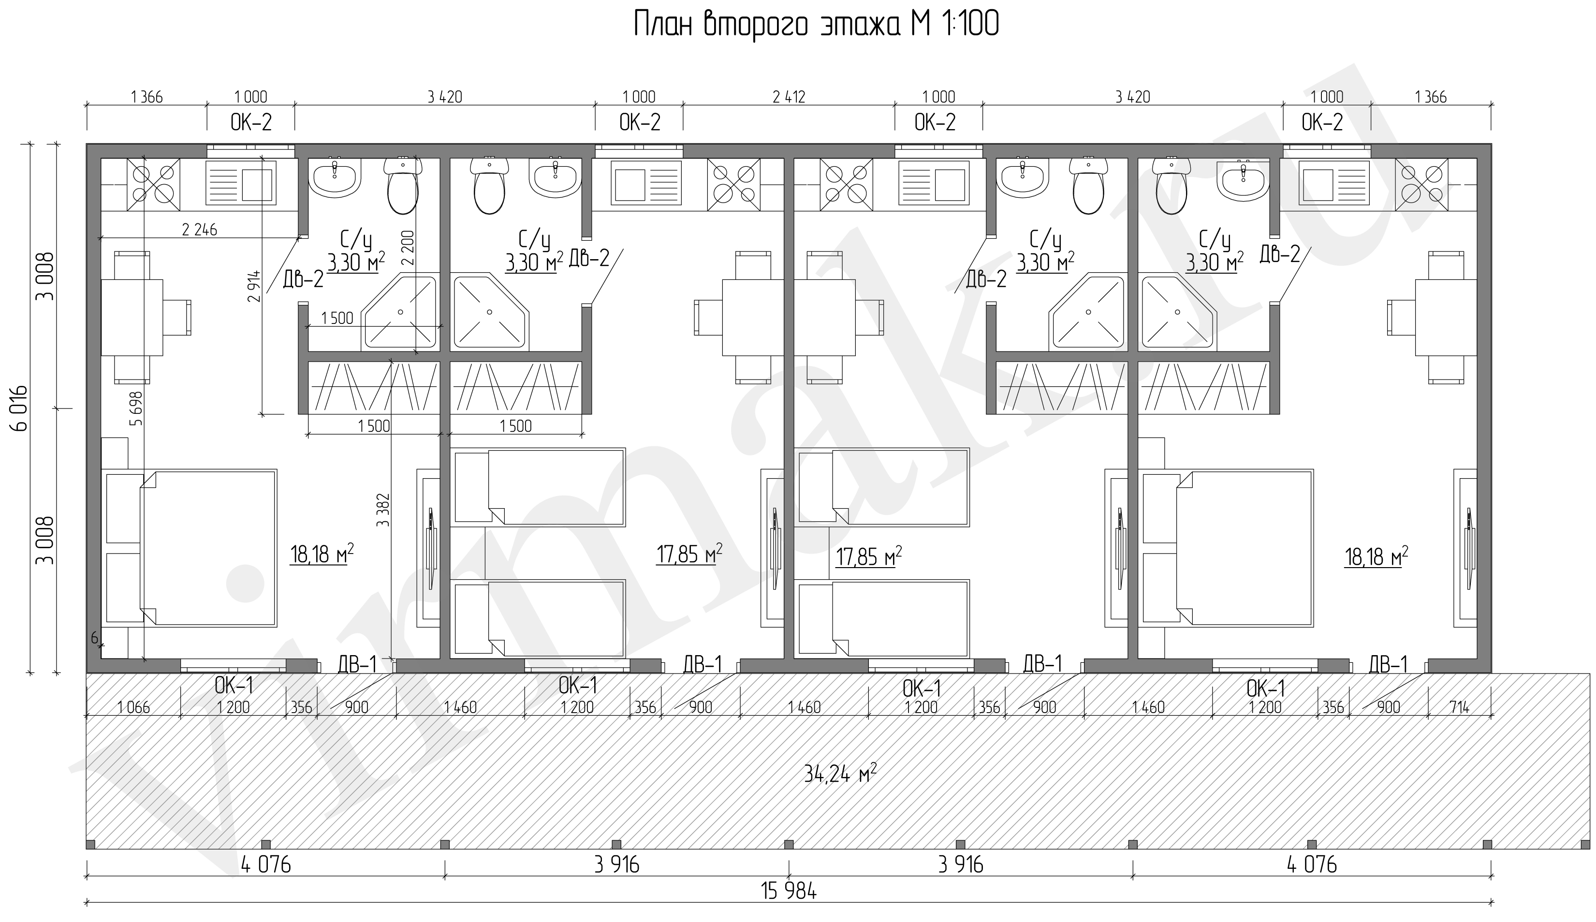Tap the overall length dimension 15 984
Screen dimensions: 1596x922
(x=789, y=892)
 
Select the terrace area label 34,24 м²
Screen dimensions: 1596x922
(x=840, y=773)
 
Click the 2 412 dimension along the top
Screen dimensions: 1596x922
(x=789, y=97)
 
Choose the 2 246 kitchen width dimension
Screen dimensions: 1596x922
(x=199, y=230)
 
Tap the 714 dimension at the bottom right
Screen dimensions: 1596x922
(x=1459, y=707)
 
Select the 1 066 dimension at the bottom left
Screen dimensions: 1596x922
(x=133, y=707)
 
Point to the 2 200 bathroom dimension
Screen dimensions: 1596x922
(x=408, y=248)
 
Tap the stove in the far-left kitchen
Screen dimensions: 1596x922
(x=153, y=184)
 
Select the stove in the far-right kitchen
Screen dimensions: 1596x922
(x=1421, y=184)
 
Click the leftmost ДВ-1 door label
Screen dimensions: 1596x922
(x=357, y=664)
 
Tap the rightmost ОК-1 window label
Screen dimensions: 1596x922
(x=1265, y=689)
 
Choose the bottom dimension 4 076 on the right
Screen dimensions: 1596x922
(x=1312, y=864)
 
